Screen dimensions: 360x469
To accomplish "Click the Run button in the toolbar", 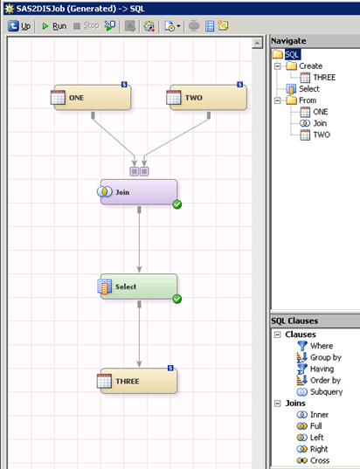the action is click(x=54, y=26).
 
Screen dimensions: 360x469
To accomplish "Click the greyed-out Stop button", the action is click(x=87, y=26).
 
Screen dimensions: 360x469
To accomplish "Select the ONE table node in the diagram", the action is click(x=91, y=98).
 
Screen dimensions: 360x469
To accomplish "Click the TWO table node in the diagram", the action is click(x=207, y=98).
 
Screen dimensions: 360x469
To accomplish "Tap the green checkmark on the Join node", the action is click(x=177, y=204).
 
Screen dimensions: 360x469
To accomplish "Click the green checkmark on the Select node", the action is click(x=177, y=299).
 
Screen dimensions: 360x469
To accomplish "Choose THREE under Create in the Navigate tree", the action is click(x=318, y=78).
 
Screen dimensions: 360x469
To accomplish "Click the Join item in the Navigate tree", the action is click(x=314, y=123).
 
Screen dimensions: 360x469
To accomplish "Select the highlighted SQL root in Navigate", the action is click(x=292, y=54).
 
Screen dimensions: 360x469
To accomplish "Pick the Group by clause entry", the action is click(x=319, y=357).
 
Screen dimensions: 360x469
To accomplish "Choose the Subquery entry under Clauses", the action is click(x=320, y=392).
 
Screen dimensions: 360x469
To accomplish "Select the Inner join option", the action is click(x=313, y=415).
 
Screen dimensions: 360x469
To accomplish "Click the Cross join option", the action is click(x=313, y=460).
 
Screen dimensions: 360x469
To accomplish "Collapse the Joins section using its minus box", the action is click(x=277, y=403).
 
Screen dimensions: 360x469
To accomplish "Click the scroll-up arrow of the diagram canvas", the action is click(x=257, y=44).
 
